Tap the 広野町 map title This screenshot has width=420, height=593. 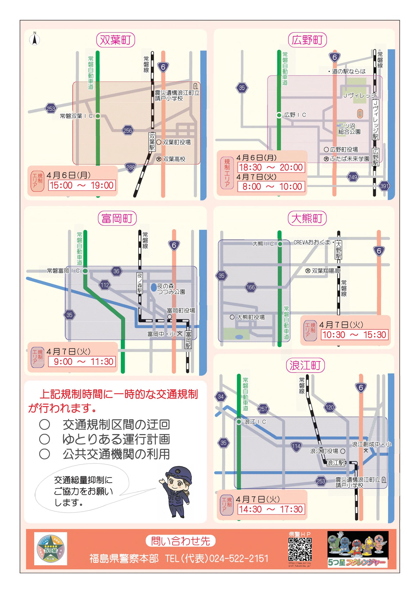click(x=307, y=40)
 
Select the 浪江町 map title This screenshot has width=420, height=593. click(x=305, y=365)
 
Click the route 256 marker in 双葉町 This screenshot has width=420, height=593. click(x=128, y=131)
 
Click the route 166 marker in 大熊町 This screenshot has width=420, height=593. click(x=251, y=287)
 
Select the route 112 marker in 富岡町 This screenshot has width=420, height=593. click(x=105, y=285)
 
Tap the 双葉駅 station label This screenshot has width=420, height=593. click(x=152, y=142)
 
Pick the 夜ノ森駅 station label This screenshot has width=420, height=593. click(x=140, y=283)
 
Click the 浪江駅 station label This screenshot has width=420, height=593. click(x=336, y=462)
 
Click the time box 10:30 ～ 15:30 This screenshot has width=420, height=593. click(x=354, y=335)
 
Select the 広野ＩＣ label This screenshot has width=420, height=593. click(x=295, y=115)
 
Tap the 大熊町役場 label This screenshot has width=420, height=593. click(x=251, y=317)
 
